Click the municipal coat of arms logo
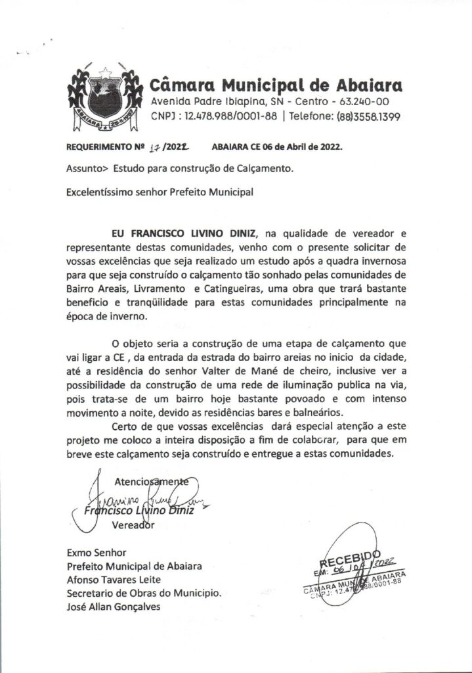(x=104, y=97)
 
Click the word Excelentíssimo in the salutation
(x=99, y=193)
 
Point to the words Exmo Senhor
(x=96, y=553)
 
